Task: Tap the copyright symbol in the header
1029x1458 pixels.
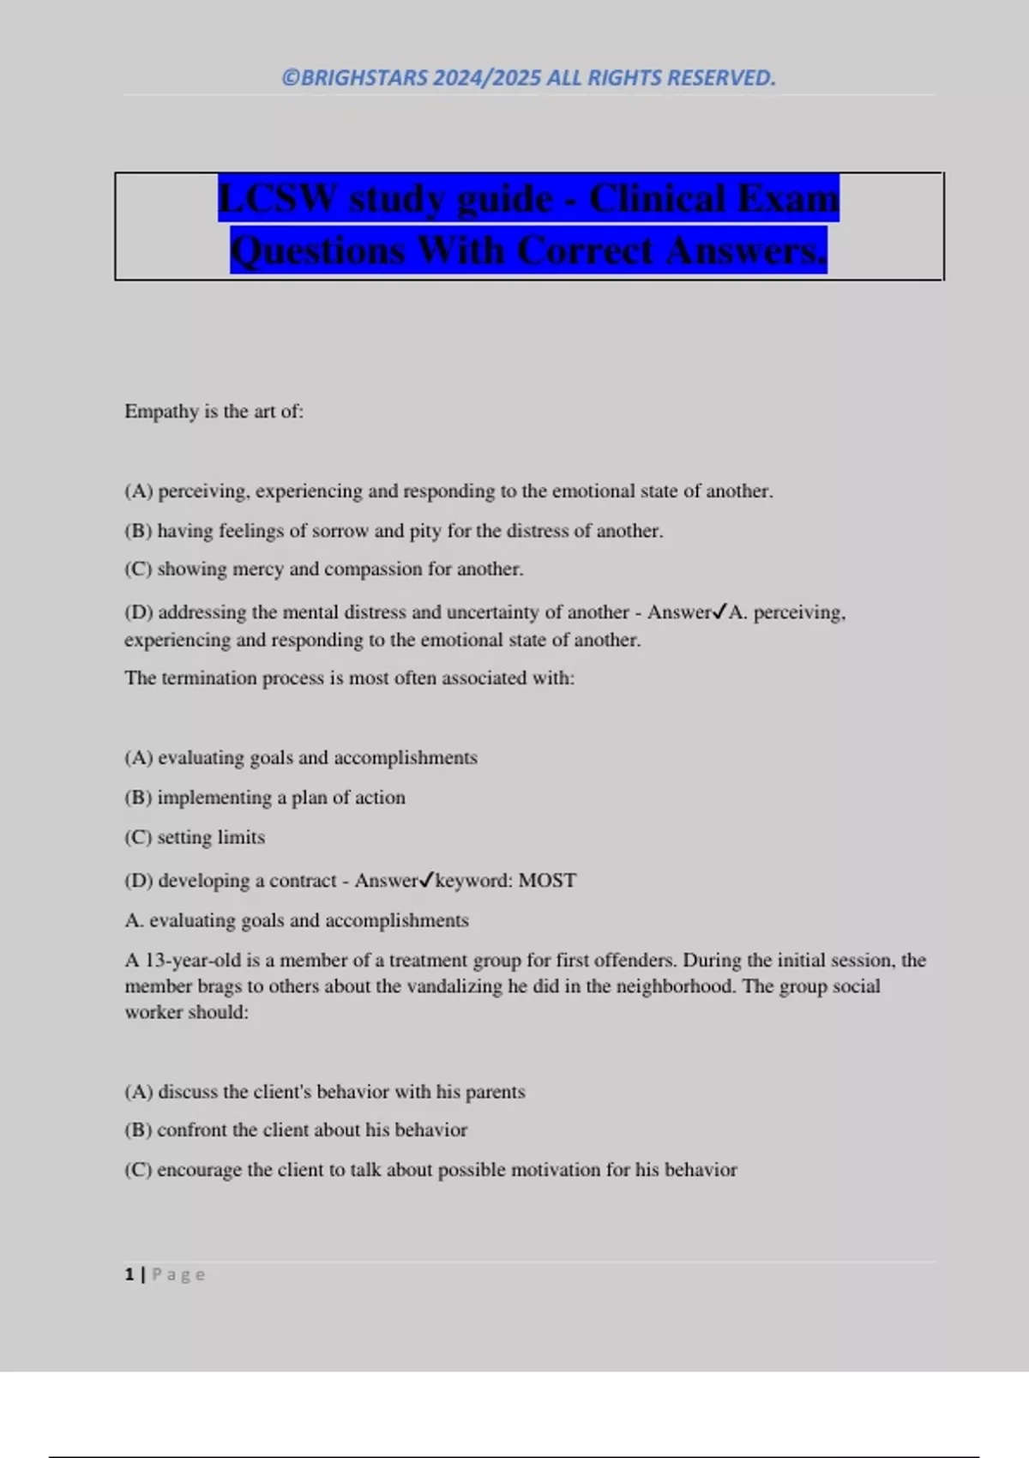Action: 291,78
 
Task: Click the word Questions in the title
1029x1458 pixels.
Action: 318,251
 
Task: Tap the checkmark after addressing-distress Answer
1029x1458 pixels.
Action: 719,612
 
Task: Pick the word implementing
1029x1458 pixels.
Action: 214,798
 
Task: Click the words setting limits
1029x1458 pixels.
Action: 211,837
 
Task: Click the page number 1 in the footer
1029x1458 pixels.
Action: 129,1274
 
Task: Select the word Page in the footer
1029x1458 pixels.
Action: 178,1274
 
